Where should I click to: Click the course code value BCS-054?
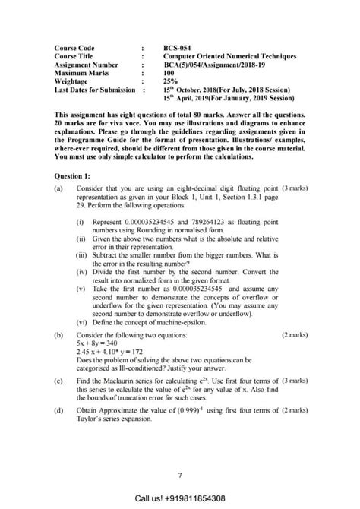click(178, 47)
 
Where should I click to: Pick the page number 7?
click(180, 476)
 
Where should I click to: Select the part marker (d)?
click(59, 410)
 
